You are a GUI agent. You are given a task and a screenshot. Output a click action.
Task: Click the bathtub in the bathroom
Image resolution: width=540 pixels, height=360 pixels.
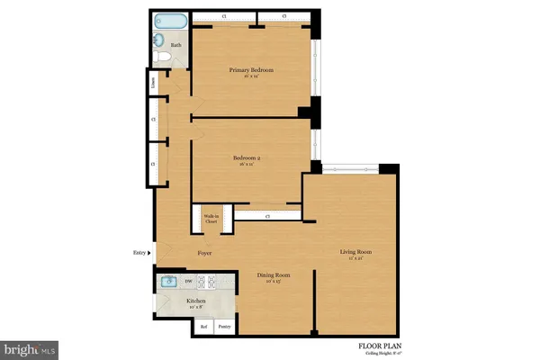click(x=170, y=19)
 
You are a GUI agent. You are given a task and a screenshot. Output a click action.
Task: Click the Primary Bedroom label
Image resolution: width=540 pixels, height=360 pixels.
click(x=251, y=70)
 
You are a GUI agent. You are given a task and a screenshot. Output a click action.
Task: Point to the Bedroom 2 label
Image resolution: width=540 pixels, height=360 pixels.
click(x=247, y=159)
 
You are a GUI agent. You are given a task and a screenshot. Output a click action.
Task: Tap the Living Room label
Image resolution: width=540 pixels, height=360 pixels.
click(x=355, y=252)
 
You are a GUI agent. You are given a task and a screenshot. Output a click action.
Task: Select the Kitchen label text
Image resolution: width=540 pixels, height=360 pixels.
click(x=196, y=301)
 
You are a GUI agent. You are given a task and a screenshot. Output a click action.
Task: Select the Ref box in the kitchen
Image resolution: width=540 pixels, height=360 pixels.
click(x=203, y=326)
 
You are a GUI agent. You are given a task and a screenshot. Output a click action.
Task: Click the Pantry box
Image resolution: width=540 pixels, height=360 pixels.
click(x=225, y=326)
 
